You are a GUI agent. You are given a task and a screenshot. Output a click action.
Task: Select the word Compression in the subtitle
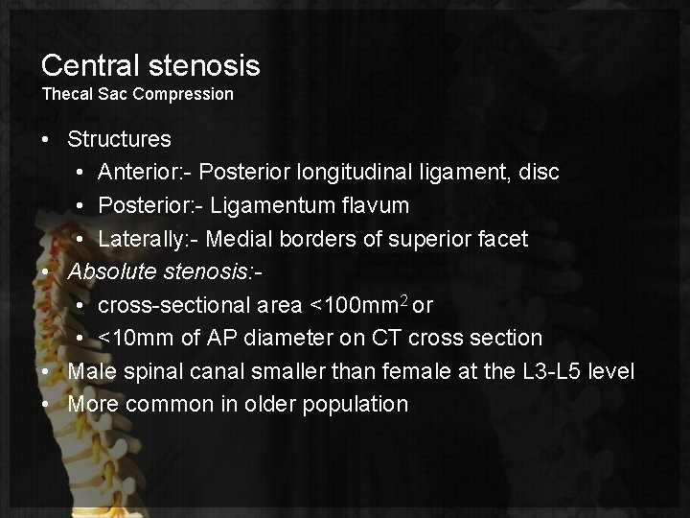(x=190, y=94)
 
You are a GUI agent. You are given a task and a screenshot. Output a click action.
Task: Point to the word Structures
(x=119, y=139)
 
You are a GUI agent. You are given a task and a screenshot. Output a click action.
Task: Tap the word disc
(x=565, y=173)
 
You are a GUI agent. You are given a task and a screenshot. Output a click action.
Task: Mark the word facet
(x=527, y=239)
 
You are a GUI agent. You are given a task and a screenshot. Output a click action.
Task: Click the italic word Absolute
(x=107, y=271)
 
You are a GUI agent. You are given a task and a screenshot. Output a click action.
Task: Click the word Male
(x=90, y=371)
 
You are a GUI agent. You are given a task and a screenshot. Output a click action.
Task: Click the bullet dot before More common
(x=47, y=404)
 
